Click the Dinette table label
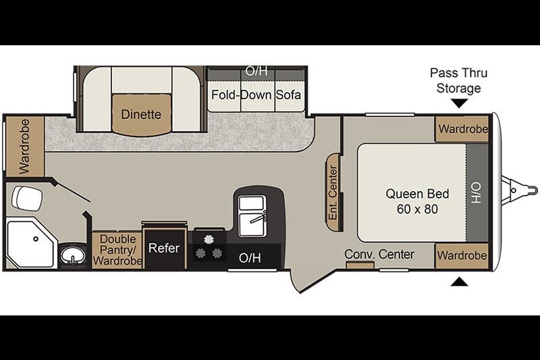coord(141,114)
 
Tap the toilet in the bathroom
coord(27,198)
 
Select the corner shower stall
coord(31,245)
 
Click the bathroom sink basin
coord(73,255)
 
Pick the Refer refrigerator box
coord(164,247)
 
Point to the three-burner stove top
coord(209,247)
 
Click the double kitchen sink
coord(252,215)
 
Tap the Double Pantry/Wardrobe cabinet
coord(117,250)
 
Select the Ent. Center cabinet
coord(333,192)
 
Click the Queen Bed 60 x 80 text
coord(417,201)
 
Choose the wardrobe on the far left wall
coord(25,147)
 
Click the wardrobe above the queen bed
coord(462,129)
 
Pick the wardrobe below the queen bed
coord(462,255)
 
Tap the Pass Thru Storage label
coord(458,80)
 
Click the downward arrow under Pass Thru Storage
coord(460,103)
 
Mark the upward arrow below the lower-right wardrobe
coord(460,282)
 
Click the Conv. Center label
coord(379,254)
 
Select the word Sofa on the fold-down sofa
coord(288,95)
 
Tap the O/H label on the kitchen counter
coord(250,258)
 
